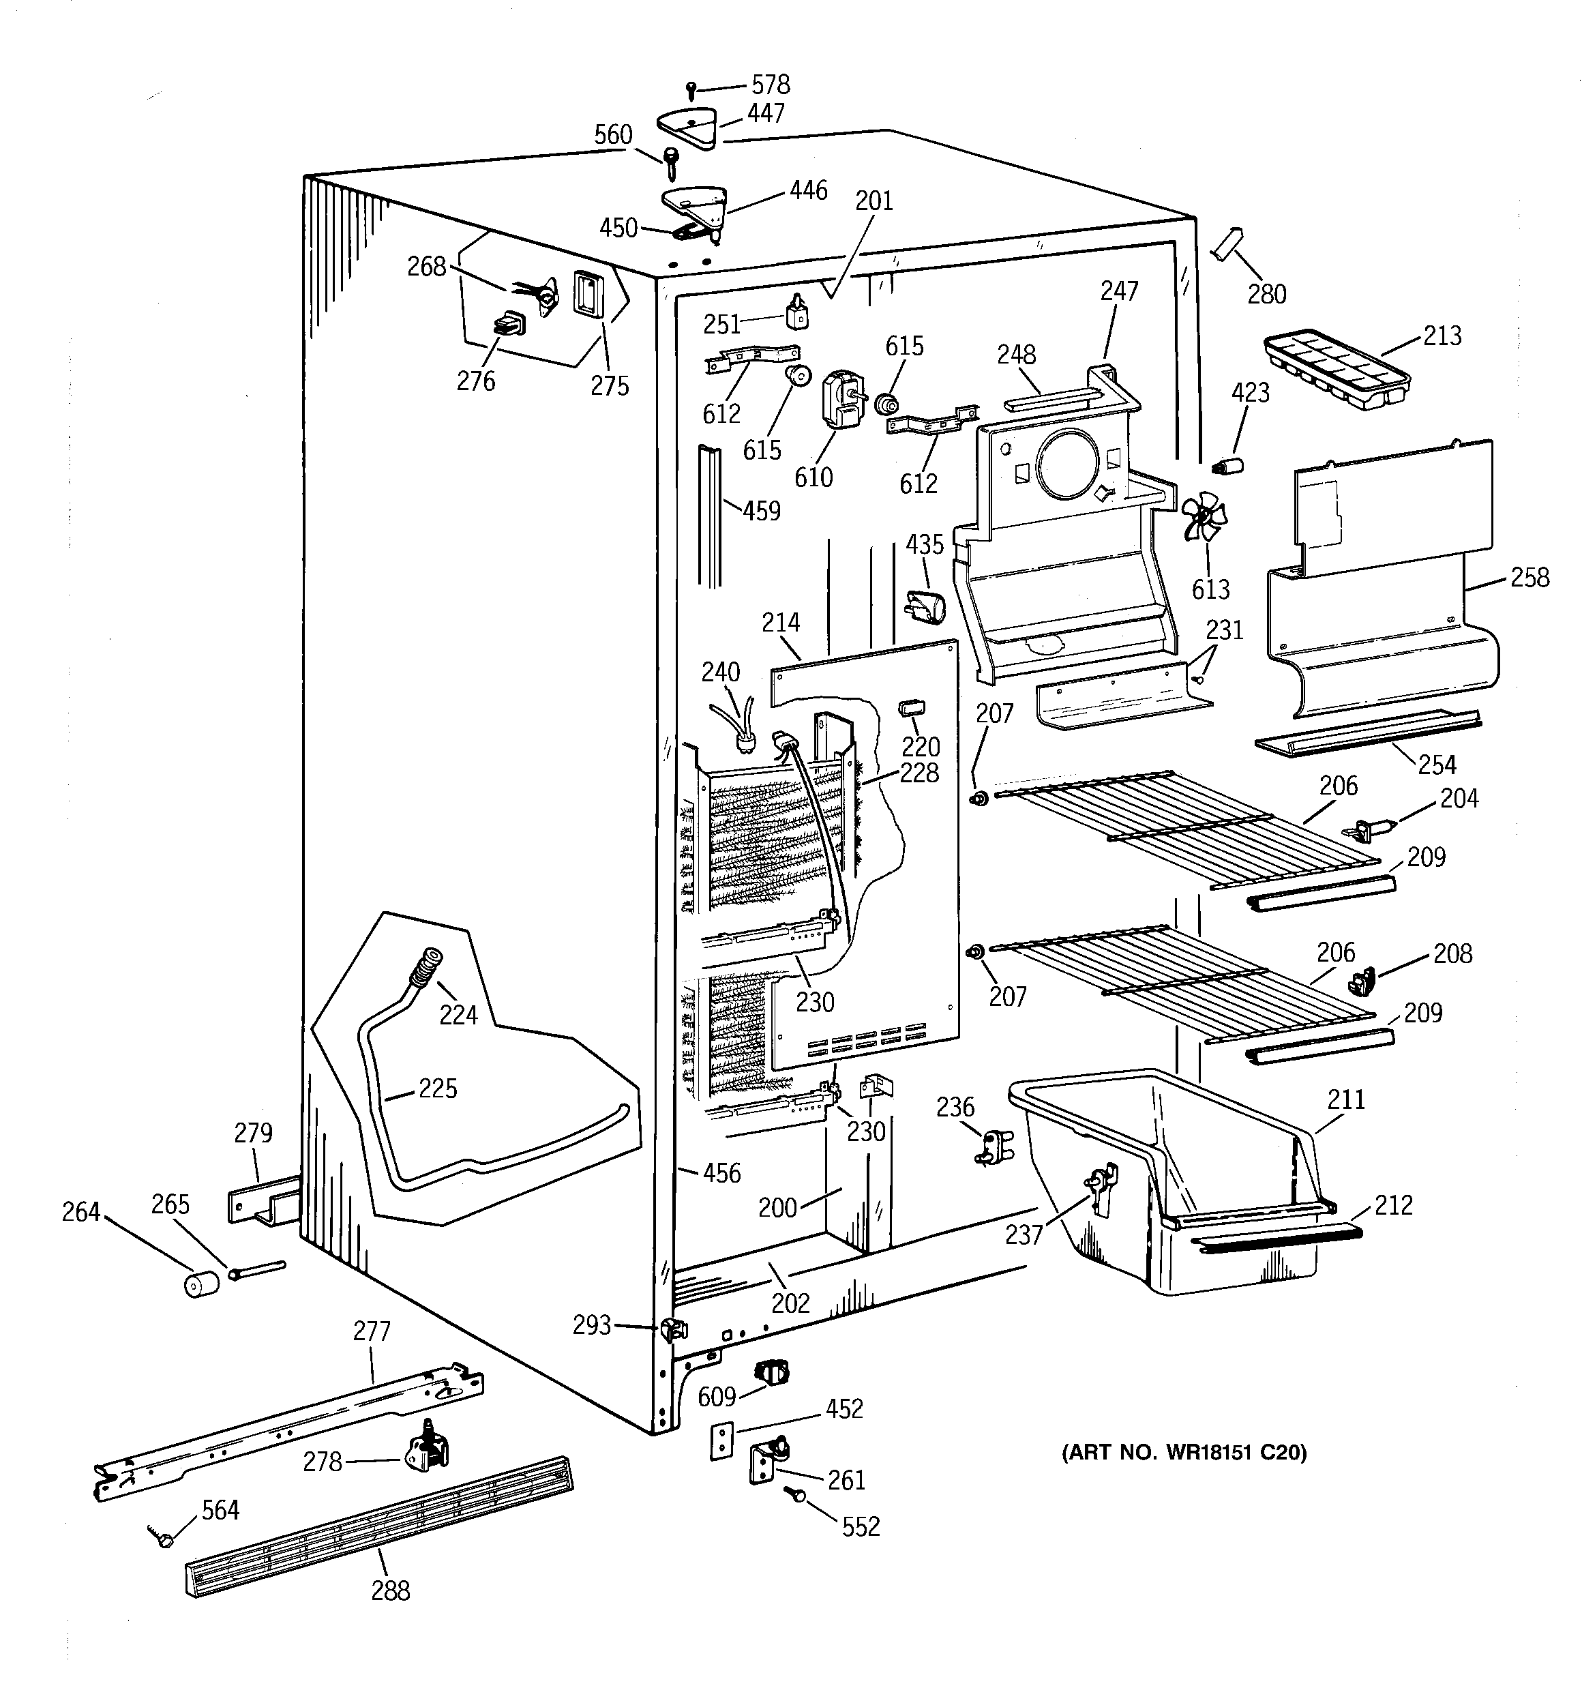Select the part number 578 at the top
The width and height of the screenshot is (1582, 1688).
pos(770,84)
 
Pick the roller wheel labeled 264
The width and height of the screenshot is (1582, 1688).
pos(200,1286)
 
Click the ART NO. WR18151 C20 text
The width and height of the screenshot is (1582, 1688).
pos(1184,1453)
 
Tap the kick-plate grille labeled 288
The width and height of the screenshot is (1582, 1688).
pos(378,1525)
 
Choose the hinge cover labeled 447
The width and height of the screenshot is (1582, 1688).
pos(687,128)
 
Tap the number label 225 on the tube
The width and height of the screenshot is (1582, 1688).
pos(437,1088)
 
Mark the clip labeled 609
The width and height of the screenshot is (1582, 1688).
pos(771,1369)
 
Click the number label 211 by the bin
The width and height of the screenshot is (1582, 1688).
pos(1346,1099)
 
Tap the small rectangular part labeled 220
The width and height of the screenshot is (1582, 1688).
pos(911,707)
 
